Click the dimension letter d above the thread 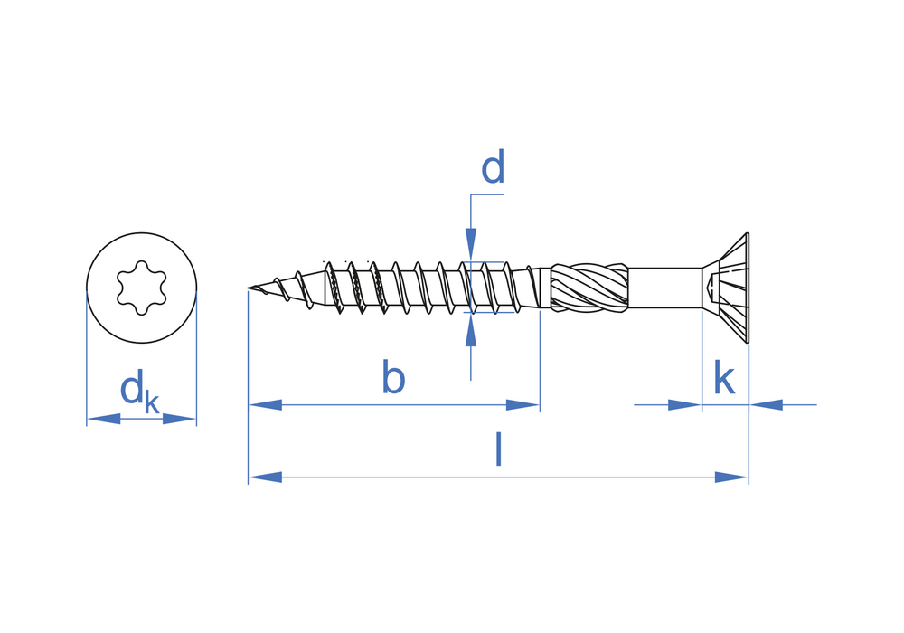493,169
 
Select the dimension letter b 393,378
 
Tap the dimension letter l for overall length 498,449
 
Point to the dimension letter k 724,379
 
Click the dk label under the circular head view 138,392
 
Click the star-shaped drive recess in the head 141,288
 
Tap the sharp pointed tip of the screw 250,288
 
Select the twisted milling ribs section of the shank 589,288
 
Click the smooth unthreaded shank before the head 664,288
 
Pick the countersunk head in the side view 729,288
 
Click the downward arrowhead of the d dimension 471,244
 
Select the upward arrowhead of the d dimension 471,331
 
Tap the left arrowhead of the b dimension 265,405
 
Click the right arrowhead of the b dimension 523,405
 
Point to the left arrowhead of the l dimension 265,477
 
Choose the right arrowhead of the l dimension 731,477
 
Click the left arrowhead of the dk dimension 104,419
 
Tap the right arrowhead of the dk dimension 179,419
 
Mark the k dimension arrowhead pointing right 684,405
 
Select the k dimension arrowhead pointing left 766,405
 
